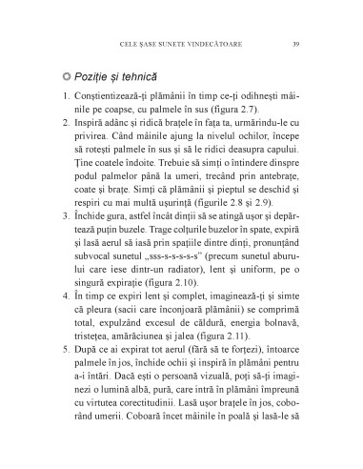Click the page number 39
tap(297, 43)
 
